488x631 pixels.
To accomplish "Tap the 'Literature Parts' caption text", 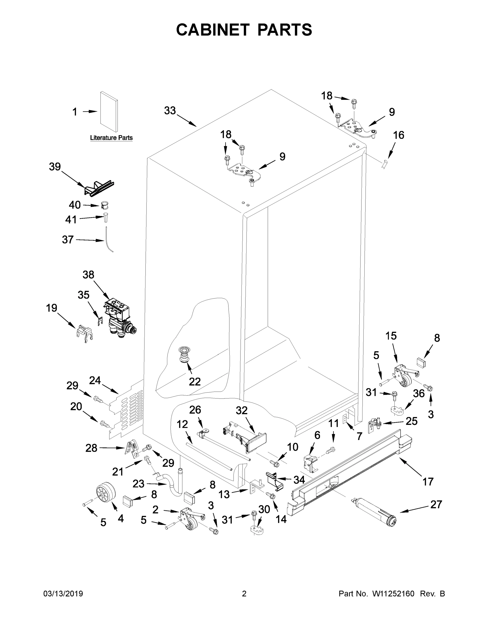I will tap(111, 138).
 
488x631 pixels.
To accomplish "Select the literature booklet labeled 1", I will tap(109, 112).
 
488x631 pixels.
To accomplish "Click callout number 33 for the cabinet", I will tap(170, 110).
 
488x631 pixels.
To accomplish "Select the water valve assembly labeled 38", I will tap(119, 318).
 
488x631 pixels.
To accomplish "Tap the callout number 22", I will tap(195, 382).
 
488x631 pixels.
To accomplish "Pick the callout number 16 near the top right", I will tap(399, 135).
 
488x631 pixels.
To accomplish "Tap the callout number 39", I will tap(55, 167).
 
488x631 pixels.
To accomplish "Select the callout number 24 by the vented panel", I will tap(95, 380).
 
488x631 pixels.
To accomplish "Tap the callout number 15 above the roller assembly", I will tap(391, 336).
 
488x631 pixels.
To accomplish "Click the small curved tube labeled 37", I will tap(109, 240).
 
